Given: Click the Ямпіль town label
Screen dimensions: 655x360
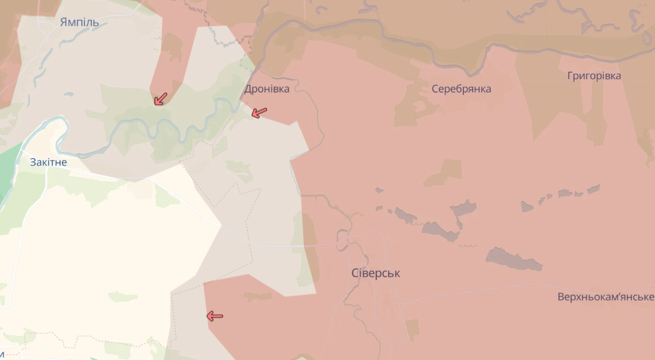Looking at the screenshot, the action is pyautogui.click(x=79, y=22).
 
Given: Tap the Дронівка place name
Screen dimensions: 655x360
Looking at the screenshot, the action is pyautogui.click(x=267, y=89).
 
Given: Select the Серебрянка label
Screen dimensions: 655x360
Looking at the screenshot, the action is pyautogui.click(x=461, y=89).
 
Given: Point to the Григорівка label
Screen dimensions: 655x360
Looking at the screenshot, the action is pyautogui.click(x=594, y=76).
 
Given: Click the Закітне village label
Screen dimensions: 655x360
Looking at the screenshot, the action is pyautogui.click(x=48, y=162).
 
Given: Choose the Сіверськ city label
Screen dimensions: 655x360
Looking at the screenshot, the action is pyautogui.click(x=376, y=273).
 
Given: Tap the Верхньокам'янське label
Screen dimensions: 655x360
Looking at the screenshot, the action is pyautogui.click(x=606, y=296).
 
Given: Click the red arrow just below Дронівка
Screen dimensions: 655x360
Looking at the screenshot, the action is pyautogui.click(x=259, y=112).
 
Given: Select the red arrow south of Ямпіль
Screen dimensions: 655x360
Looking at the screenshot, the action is pyautogui.click(x=161, y=99).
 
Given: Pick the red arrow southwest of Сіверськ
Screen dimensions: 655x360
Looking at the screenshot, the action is pyautogui.click(x=214, y=316).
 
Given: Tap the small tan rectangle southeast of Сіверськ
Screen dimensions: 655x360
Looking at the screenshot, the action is pyautogui.click(x=412, y=329).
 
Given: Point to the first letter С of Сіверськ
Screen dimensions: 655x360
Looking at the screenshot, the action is pyautogui.click(x=355, y=273).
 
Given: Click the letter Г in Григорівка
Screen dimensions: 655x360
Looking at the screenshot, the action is pyautogui.click(x=570, y=76).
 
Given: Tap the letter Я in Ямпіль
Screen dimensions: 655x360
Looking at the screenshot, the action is pyautogui.click(x=64, y=22).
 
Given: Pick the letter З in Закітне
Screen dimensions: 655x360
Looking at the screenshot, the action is pyautogui.click(x=33, y=162).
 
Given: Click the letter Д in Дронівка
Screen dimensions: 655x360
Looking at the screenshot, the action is pyautogui.click(x=248, y=89).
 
